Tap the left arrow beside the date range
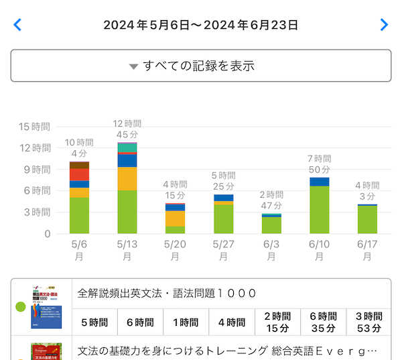point(17,25)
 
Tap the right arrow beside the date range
point(384,25)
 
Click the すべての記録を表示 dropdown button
point(201,66)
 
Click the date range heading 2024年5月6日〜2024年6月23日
point(200,25)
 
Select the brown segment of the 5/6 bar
point(79,165)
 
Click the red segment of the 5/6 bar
point(79,174)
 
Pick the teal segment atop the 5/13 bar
point(127,147)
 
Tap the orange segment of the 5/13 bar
point(127,178)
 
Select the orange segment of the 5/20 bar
point(175,219)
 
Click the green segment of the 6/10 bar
point(320,209)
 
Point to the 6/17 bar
point(367,219)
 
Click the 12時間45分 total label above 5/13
point(127,129)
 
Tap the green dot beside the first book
point(20,308)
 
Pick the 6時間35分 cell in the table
point(322,322)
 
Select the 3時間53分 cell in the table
point(368,322)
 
